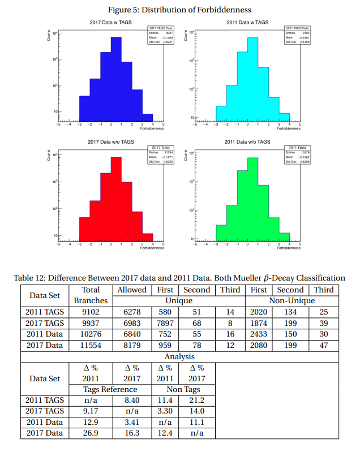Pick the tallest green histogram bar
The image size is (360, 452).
252,198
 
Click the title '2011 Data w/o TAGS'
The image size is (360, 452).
247,141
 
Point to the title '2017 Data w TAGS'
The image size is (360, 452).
111,22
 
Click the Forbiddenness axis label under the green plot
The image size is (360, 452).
289,248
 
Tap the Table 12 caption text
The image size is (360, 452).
179,278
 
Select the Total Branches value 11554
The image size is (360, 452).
91,345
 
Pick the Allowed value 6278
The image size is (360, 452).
132,312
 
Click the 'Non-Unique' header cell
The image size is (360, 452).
292,300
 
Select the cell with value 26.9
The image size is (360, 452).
91,433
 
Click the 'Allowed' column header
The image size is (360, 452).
132,290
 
